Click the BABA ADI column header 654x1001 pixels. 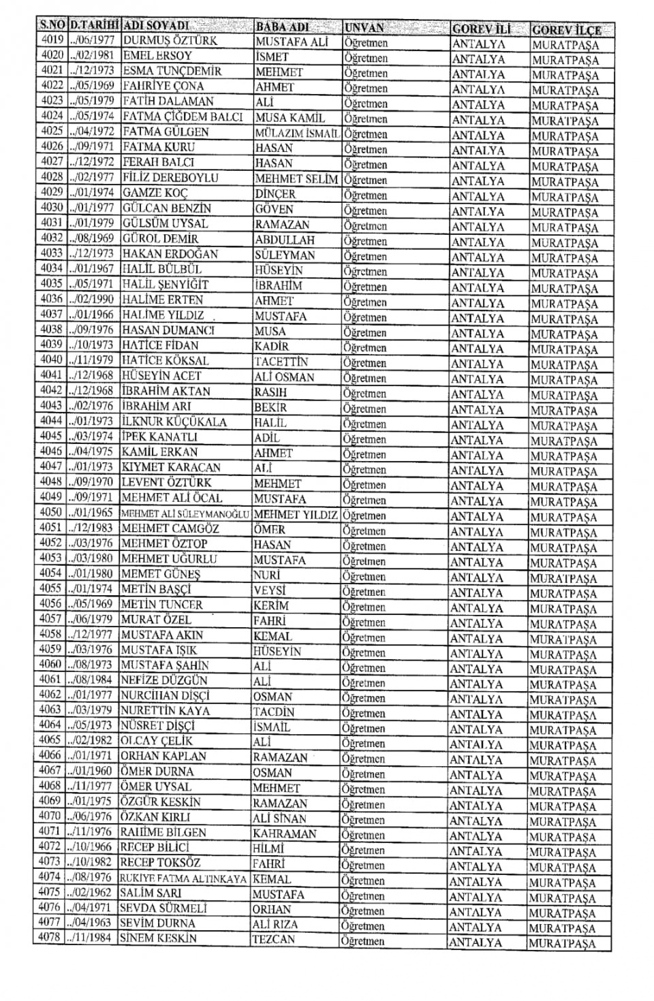[282, 27]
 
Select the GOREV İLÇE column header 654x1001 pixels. [566, 30]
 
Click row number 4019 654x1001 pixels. [51, 40]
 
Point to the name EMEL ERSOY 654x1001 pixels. [157, 56]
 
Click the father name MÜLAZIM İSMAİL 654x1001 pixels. [297, 133]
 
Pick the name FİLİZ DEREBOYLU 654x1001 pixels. [170, 178]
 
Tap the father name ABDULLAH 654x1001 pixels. [285, 240]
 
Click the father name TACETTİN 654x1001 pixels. [281, 362]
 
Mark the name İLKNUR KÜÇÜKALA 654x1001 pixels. [174, 422]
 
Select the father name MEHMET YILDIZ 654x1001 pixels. [296, 515]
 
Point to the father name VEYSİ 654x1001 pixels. [269, 590]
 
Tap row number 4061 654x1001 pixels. [50, 680]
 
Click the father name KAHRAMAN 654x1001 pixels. [284, 834]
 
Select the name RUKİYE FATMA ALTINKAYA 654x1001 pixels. [183, 878]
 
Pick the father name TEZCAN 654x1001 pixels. [274, 940]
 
